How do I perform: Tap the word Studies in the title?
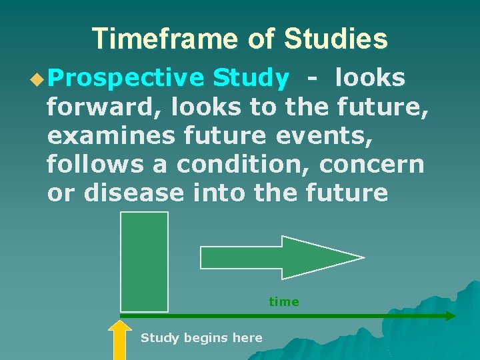click(x=335, y=39)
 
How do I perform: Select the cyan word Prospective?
click(x=126, y=79)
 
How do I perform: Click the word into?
click(x=219, y=193)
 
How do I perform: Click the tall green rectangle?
click(x=144, y=261)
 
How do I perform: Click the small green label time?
click(x=284, y=302)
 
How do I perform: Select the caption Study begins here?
click(x=201, y=338)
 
